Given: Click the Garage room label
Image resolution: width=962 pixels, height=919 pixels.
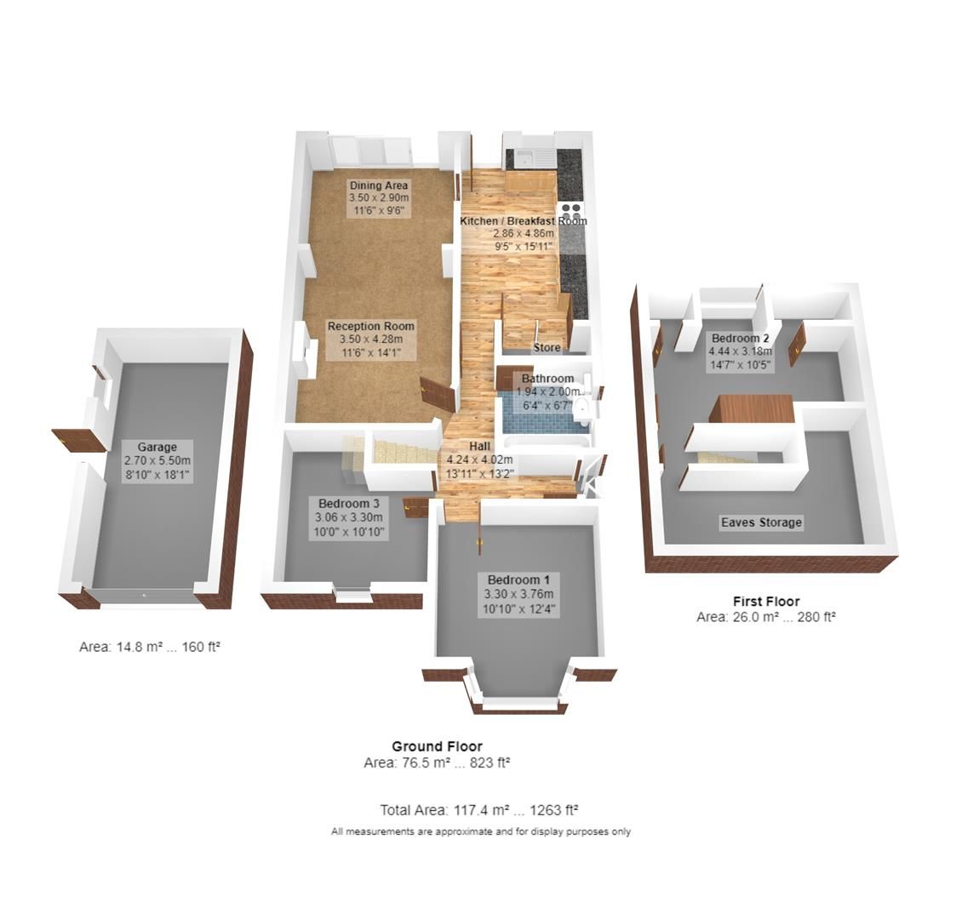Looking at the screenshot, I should [157, 447].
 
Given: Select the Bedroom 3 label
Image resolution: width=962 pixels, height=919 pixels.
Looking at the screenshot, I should [348, 502].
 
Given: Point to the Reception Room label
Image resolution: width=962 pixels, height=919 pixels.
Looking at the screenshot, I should [371, 326].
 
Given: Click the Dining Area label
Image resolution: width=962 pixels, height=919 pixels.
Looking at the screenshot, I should [379, 186].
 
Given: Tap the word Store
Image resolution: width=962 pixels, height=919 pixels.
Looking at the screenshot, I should [547, 348].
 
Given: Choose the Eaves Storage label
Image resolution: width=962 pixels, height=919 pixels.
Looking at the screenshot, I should [760, 522].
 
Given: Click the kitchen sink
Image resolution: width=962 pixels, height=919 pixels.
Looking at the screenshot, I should [528, 157].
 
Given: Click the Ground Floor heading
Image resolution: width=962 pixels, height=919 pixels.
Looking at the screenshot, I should [437, 746].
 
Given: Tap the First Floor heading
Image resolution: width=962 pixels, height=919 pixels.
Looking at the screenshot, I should [765, 601].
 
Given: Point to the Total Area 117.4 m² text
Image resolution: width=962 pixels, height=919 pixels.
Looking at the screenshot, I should [480, 810].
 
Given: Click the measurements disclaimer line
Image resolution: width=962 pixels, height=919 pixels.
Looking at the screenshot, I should [481, 831].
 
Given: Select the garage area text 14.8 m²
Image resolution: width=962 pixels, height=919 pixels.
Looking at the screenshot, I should [150, 647].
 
